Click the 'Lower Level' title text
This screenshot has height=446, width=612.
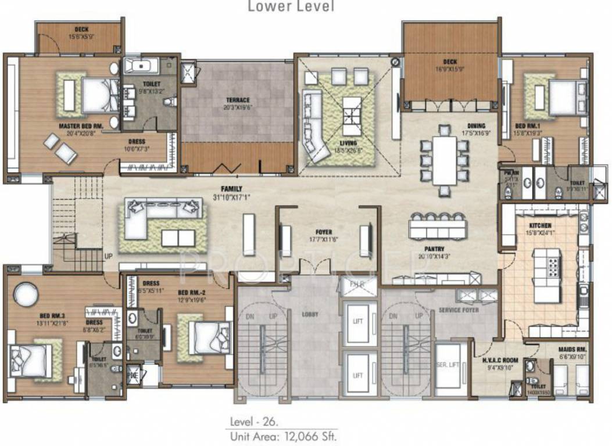(x=291, y=7)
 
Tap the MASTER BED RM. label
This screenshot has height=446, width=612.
(x=81, y=125)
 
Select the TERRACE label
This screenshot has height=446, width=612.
(x=238, y=100)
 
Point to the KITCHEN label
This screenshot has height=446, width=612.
(x=541, y=225)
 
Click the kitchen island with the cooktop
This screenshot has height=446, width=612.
(x=547, y=275)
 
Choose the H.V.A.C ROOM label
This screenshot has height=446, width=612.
(x=500, y=360)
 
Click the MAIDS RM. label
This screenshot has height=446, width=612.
(x=572, y=350)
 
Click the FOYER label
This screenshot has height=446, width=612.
(x=323, y=232)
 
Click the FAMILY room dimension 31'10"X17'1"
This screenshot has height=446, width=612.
(x=231, y=196)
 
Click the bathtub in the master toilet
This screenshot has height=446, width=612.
(x=138, y=64)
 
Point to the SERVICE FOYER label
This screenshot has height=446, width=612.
(x=458, y=311)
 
